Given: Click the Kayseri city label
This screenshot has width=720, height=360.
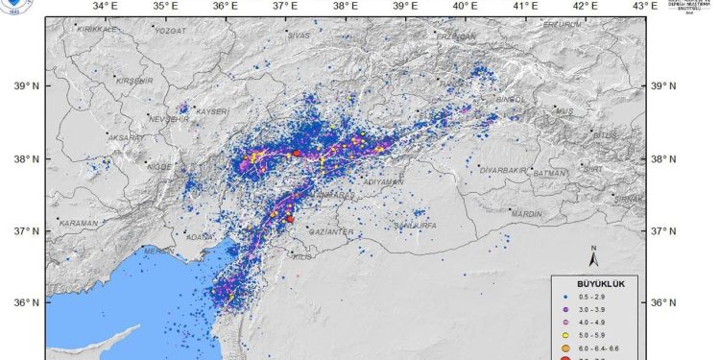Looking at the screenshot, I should coord(213,111).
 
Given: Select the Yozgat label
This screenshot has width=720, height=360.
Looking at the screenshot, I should coord(169,30).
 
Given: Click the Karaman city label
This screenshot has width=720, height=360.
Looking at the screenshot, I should coord(78,223).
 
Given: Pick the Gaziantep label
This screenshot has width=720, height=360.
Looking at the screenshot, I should coord(332,232).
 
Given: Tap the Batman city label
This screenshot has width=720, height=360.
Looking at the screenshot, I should coord(550,173).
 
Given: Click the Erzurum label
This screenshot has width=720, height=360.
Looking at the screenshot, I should coord(563,25).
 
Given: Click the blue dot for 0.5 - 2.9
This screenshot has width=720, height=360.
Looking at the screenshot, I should coord(567,300).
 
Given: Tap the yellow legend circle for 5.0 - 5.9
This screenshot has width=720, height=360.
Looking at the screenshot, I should coord(567,336).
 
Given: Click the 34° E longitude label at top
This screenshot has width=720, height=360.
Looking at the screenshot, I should coord(105,8).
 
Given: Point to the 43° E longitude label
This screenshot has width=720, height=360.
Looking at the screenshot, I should coord(644,8).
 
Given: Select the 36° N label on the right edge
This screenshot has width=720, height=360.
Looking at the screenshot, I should coord(665,302).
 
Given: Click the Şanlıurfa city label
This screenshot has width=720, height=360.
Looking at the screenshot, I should coord(416,226).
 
